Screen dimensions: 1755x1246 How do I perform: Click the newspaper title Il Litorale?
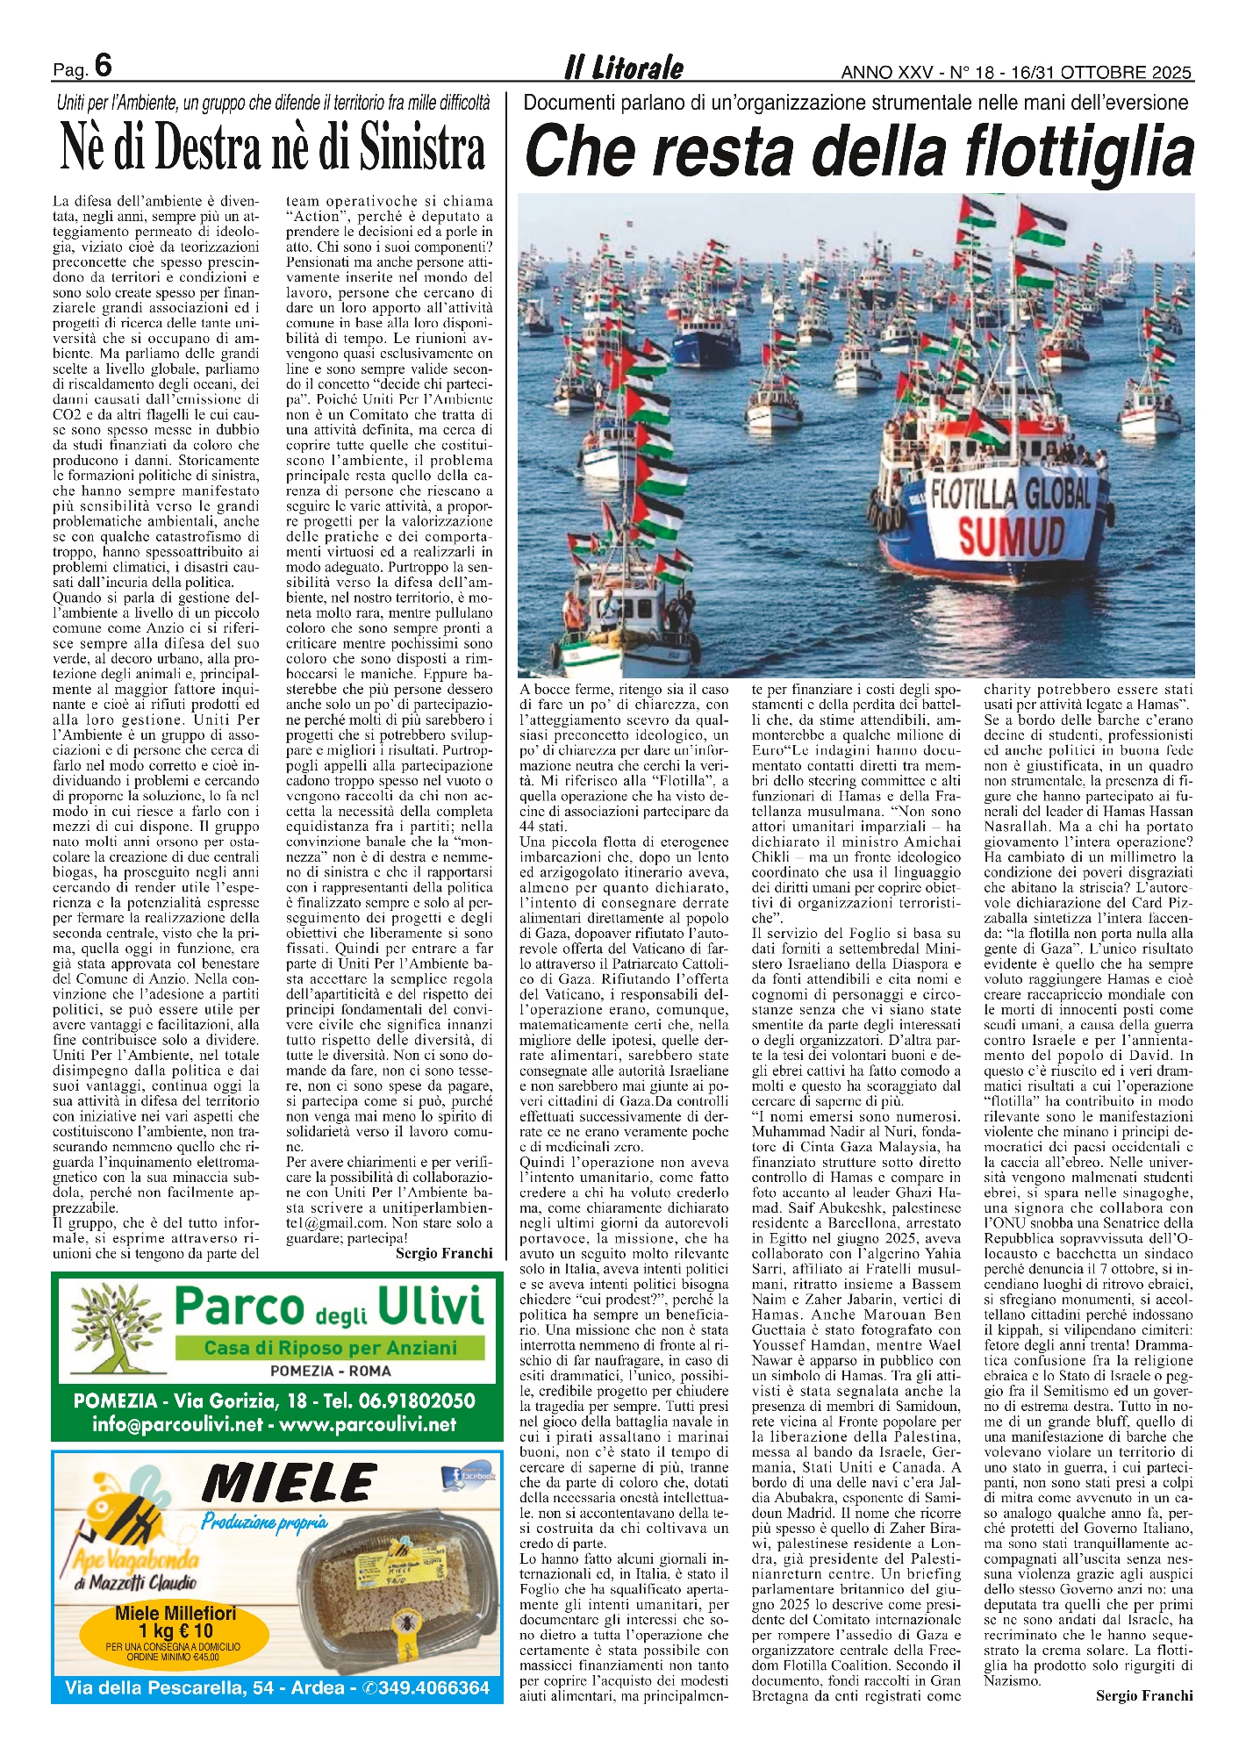click(623, 68)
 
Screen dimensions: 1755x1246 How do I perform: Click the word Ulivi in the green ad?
click(430, 1307)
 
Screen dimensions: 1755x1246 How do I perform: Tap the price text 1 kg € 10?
click(175, 1631)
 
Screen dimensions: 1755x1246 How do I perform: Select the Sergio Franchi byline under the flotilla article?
click(1143, 1695)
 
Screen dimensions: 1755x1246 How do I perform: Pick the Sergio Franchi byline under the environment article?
click(443, 1253)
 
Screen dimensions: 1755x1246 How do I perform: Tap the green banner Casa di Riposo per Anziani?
click(331, 1348)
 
